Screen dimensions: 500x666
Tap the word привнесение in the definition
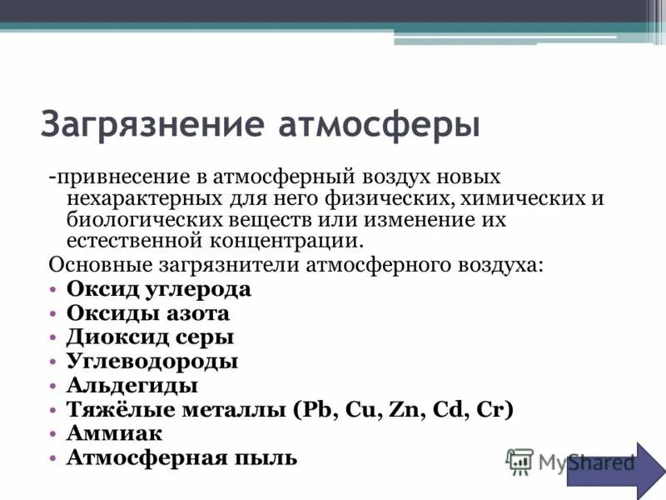pyautogui.click(x=119, y=179)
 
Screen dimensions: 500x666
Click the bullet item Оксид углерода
pyautogui.click(x=158, y=289)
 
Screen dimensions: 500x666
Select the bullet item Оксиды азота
pyautogui.click(x=147, y=313)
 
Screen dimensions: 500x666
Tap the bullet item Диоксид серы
pyautogui.click(x=150, y=337)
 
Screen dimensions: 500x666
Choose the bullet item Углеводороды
pyautogui.click(x=152, y=361)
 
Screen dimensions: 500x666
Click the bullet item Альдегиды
pyautogui.click(x=132, y=385)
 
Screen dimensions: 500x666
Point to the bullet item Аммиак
pyautogui.click(x=114, y=433)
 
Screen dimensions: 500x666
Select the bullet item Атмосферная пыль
pyautogui.click(x=181, y=457)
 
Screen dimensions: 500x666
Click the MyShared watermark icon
pyautogui.click(x=520, y=461)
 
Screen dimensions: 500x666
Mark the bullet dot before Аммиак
pyautogui.click(x=52, y=434)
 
